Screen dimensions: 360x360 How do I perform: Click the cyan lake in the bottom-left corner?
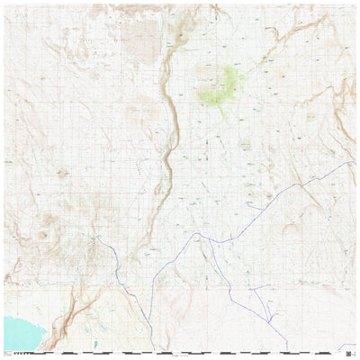[20, 330]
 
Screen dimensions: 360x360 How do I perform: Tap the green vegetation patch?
[222, 85]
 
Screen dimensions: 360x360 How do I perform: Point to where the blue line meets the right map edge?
[354, 163]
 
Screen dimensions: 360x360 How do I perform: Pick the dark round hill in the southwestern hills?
[42, 236]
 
